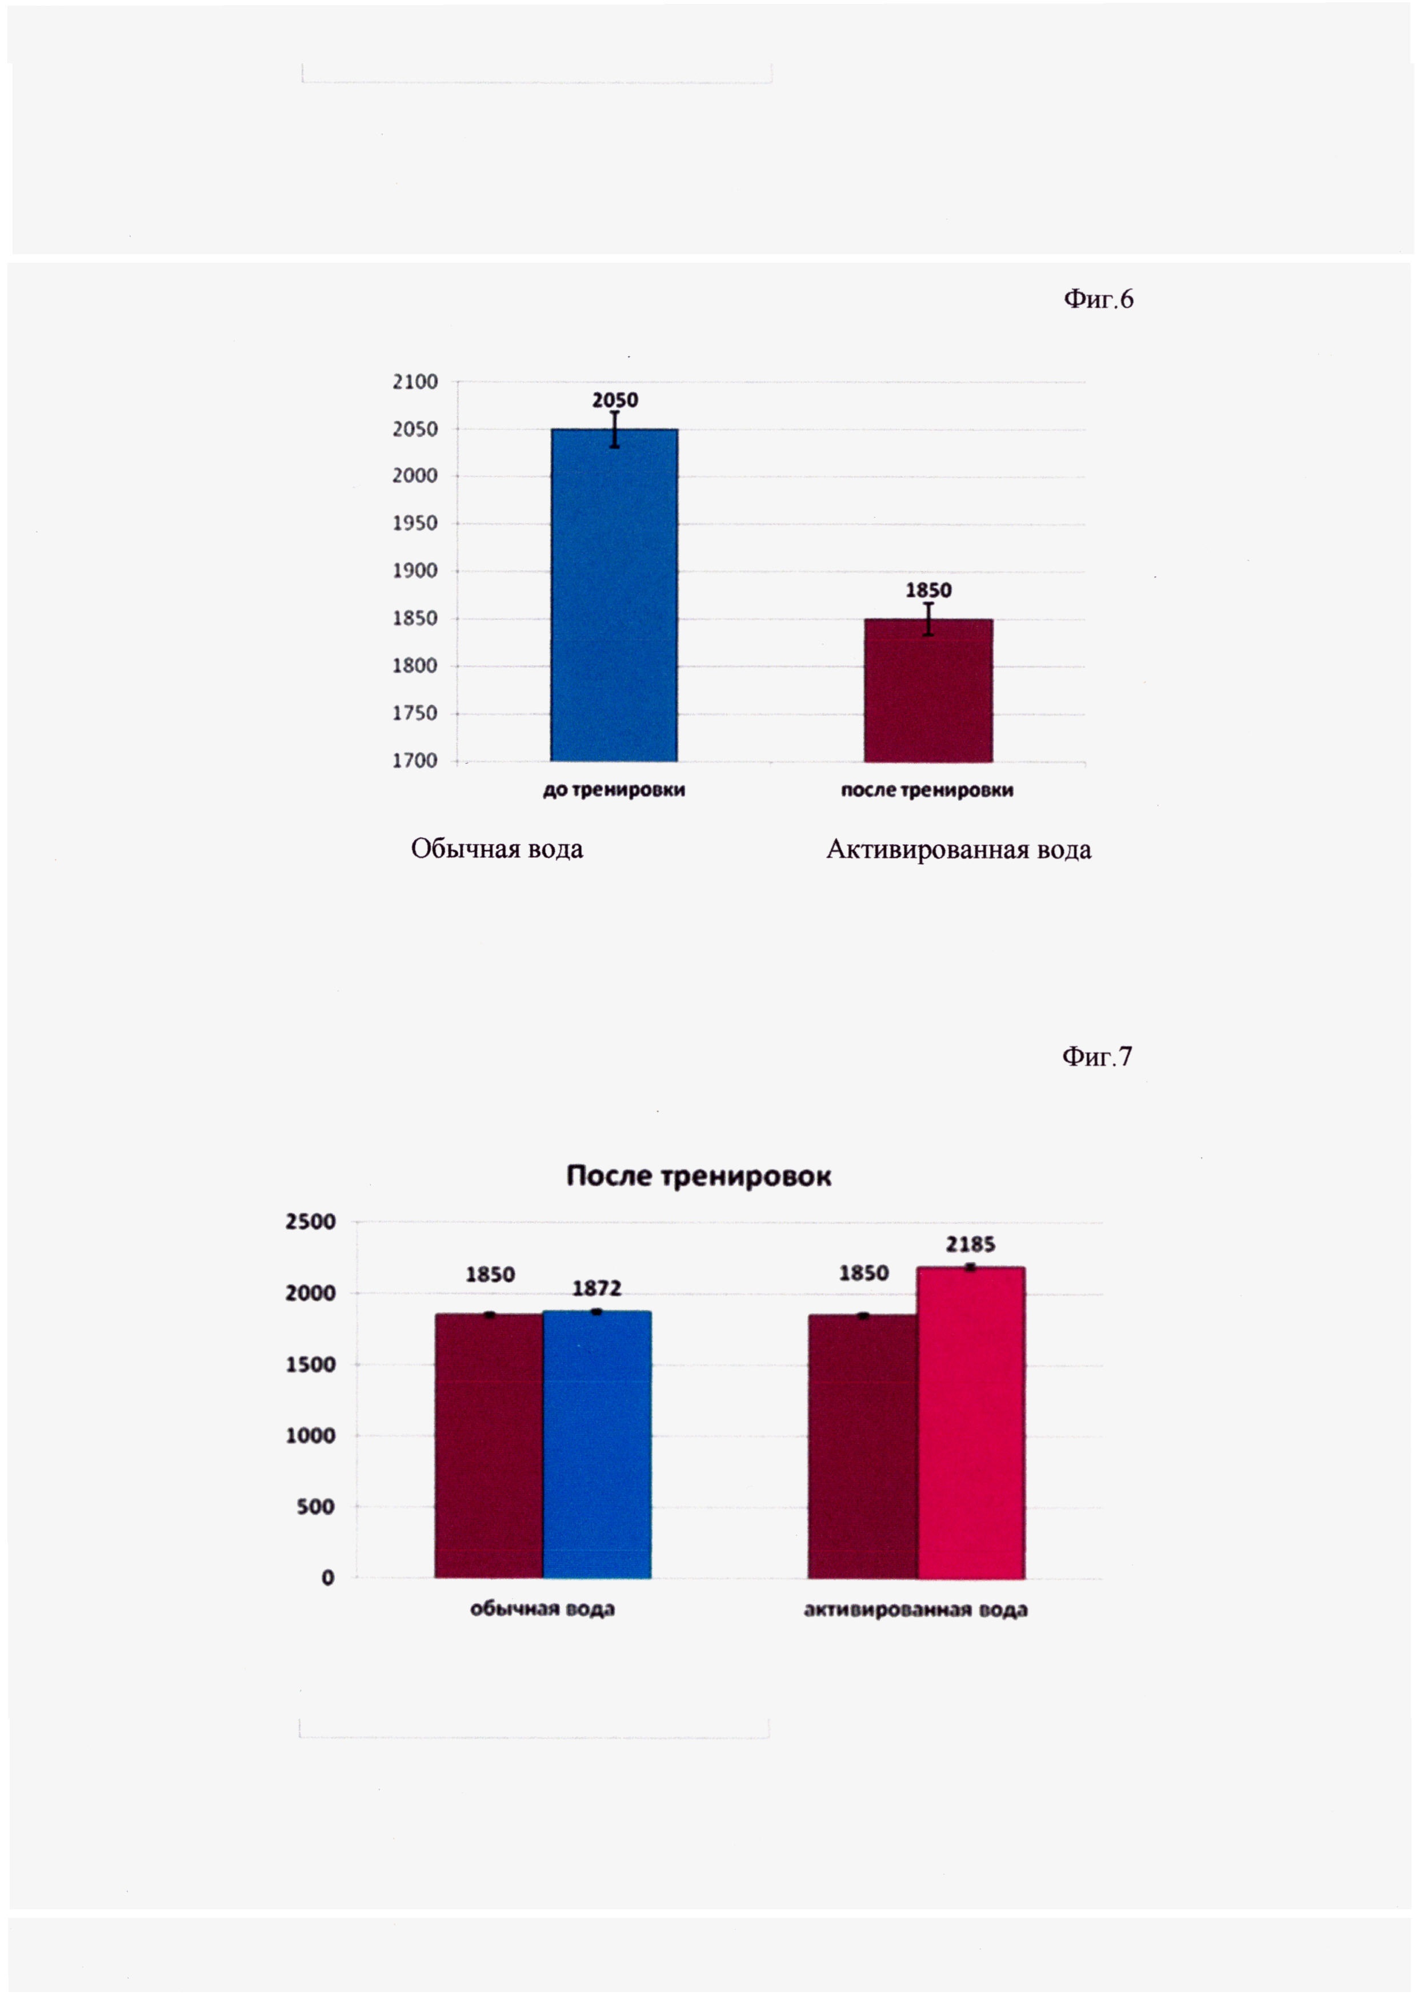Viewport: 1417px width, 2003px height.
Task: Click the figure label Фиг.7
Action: pyautogui.click(x=1097, y=1057)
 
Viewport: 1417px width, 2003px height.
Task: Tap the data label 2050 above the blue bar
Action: pyautogui.click(x=615, y=400)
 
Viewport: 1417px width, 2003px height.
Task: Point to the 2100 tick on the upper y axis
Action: pyautogui.click(x=415, y=382)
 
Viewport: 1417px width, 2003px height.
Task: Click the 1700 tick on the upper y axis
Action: pyautogui.click(x=415, y=761)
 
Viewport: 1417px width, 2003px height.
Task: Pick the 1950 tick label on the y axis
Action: pyautogui.click(x=415, y=523)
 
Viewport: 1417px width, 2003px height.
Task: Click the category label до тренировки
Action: pyautogui.click(x=614, y=790)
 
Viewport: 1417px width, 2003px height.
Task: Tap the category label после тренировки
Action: pyautogui.click(x=927, y=790)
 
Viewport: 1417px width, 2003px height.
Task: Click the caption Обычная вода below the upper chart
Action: pyautogui.click(x=497, y=849)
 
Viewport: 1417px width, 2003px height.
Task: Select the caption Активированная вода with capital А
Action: pyautogui.click(x=958, y=850)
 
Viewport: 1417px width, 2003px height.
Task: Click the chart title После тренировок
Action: pyautogui.click(x=698, y=1176)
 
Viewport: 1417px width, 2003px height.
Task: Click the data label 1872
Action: pyautogui.click(x=597, y=1288)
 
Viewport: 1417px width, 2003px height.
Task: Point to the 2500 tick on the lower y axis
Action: pyautogui.click(x=311, y=1222)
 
